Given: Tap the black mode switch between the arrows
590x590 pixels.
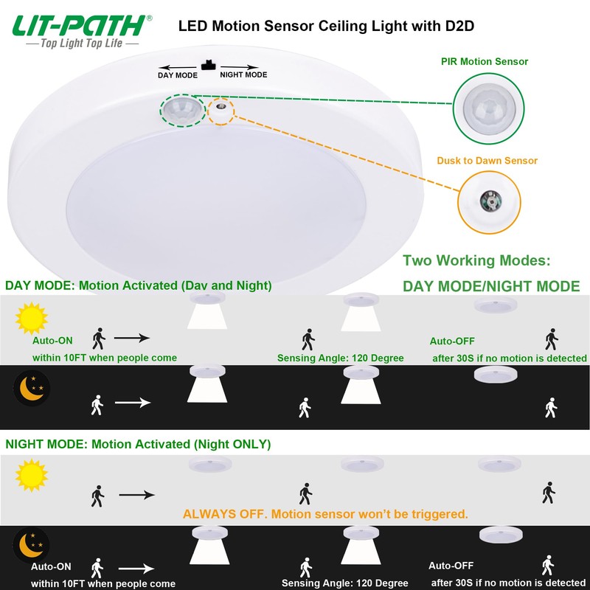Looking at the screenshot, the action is coord(208,65).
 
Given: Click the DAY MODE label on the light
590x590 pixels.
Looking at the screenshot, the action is coord(178,75).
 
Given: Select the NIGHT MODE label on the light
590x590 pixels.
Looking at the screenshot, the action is coord(243,74).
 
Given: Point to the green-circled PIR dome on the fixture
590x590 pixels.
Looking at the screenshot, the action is coord(183,110).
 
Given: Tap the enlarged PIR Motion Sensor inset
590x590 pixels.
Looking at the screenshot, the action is coord(488,108).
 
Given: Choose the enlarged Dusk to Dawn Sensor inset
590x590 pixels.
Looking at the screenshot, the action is coord(489,202).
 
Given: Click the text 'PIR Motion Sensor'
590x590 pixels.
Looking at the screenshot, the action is coord(485,61).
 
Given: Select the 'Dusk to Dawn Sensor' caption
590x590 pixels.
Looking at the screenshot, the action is coord(487,161).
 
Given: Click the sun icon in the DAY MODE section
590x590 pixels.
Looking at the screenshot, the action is coord(32,318).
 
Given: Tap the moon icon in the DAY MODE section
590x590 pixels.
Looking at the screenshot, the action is coord(32,388).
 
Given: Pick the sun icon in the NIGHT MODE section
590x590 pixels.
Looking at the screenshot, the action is coord(32,475).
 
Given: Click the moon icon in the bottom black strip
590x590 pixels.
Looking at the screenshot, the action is coord(31,545).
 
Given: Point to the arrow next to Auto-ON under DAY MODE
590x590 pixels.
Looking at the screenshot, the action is coord(132,338).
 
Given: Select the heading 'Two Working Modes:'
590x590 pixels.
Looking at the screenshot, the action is coord(476,260).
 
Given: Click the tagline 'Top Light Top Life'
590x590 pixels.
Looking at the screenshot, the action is coord(82,44).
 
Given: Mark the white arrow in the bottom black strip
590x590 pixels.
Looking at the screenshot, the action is coord(136,569).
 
